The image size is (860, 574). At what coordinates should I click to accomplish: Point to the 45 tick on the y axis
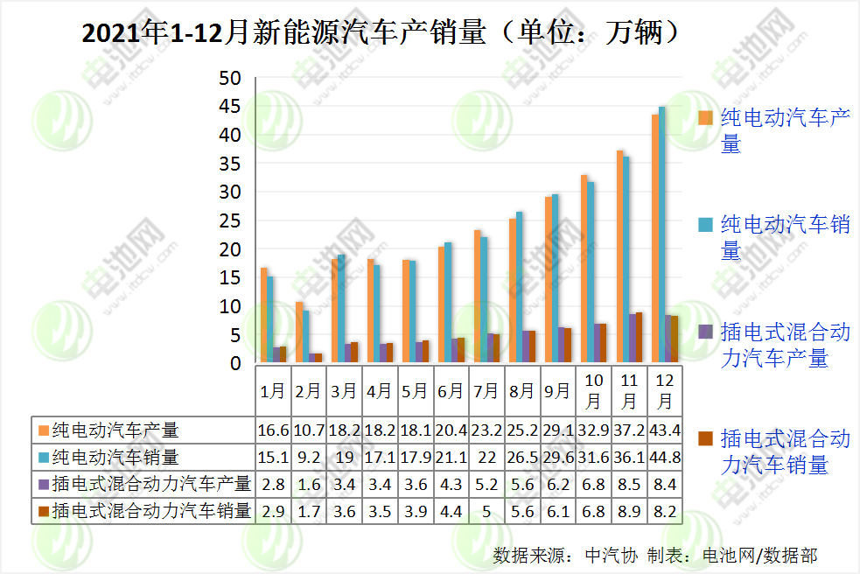[229, 107]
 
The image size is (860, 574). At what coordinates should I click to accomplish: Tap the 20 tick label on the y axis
[229, 249]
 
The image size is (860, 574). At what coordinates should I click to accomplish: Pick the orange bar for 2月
[298, 332]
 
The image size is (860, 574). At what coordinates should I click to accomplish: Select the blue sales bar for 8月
[520, 286]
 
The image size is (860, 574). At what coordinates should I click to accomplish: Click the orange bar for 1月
[263, 314]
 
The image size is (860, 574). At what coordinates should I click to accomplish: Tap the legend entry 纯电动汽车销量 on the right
[785, 237]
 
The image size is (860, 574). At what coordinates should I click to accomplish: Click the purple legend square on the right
[704, 332]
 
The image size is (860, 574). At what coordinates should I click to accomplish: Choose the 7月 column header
[486, 391]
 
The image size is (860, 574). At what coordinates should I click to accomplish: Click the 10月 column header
[592, 391]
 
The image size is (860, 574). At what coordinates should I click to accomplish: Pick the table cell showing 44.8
[664, 457]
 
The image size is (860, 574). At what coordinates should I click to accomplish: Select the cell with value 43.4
[664, 430]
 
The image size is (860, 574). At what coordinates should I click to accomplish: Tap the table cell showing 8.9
[628, 511]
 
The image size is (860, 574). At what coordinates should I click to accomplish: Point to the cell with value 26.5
[521, 457]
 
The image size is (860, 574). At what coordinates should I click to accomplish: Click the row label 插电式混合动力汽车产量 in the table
[151, 484]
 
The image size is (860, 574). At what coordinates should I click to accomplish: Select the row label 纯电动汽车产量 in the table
[115, 430]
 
